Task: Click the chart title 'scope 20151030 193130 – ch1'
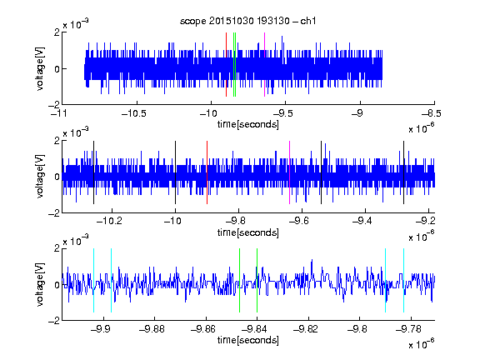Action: coord(247,21)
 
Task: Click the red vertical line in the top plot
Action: coord(226,65)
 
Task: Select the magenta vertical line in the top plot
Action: coord(264,65)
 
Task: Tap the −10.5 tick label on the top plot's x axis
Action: coord(134,113)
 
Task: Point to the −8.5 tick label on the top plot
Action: coord(431,113)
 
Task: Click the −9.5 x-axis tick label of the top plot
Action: coord(282,113)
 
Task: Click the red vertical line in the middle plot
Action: coord(207,172)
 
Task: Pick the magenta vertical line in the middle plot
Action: coord(290,172)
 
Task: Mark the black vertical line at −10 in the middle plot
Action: coord(175,172)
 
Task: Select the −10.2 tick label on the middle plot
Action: coord(109,221)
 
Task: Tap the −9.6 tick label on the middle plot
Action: coord(299,221)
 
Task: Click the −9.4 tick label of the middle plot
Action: coord(362,221)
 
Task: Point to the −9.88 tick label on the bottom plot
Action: coord(152,329)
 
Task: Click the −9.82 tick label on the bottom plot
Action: coord(306,329)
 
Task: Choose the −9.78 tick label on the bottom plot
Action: coord(408,329)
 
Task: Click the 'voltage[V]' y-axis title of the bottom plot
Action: coord(40,284)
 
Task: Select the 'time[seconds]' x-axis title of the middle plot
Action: coord(248,233)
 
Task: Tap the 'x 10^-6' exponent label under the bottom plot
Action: coord(421,344)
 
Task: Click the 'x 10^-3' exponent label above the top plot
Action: coord(76,24)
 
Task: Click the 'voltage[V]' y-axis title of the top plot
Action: coord(40,68)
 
